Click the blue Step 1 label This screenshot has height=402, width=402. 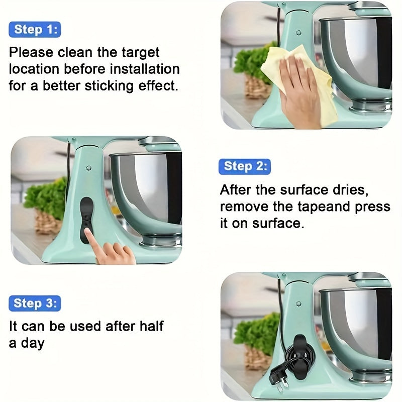(x=34, y=29)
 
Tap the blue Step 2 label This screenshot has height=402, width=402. (x=244, y=166)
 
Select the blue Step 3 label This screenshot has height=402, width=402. (x=34, y=303)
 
